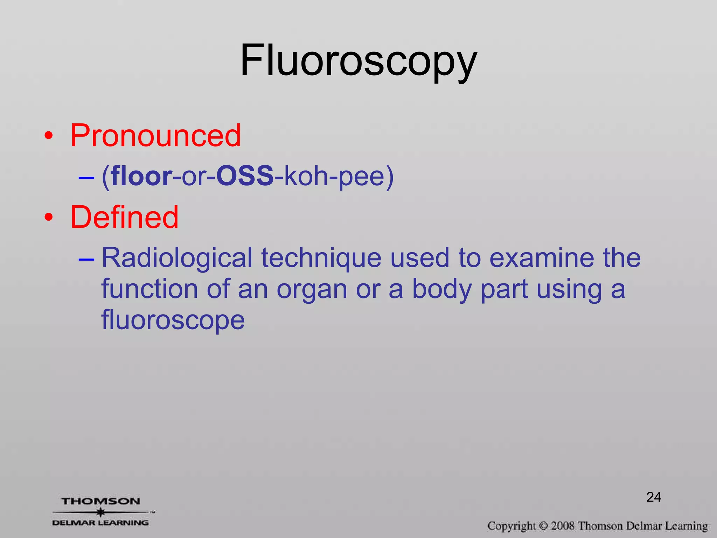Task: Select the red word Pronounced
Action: point(155,136)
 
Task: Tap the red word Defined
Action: point(124,218)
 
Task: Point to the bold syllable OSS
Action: point(245,176)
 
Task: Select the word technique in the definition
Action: point(321,258)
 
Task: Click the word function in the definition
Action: point(149,289)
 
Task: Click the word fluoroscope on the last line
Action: point(173,320)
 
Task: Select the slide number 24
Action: point(654,497)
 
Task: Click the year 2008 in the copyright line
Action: point(563,526)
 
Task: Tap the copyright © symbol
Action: point(543,526)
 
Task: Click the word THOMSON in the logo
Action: point(101,501)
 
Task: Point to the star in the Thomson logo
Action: point(101,512)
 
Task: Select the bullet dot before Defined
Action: point(49,218)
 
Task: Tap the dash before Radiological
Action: point(86,260)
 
